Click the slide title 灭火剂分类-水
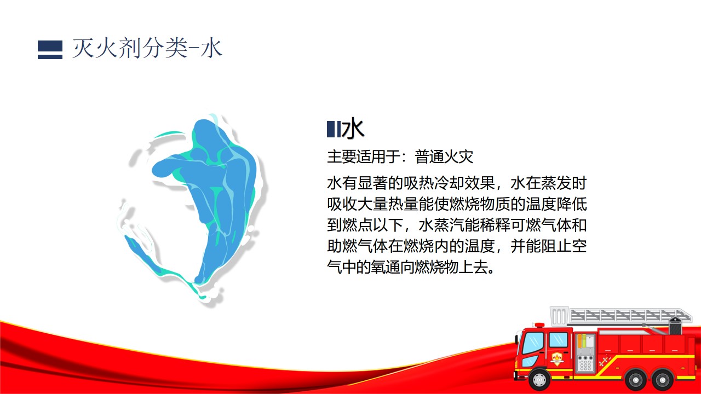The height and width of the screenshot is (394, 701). (147, 49)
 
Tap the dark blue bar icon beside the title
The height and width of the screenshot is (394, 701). (50, 50)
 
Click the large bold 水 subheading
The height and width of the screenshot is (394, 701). (353, 128)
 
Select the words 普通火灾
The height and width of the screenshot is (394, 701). (444, 157)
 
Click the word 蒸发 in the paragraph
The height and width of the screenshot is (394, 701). (556, 183)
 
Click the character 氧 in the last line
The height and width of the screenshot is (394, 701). (378, 267)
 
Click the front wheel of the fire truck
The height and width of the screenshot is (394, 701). (539, 379)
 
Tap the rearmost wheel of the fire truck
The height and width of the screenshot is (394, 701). (663, 380)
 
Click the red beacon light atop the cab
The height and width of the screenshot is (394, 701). (539, 325)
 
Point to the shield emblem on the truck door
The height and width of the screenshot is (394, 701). (557, 358)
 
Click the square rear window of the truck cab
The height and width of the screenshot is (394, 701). (559, 340)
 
